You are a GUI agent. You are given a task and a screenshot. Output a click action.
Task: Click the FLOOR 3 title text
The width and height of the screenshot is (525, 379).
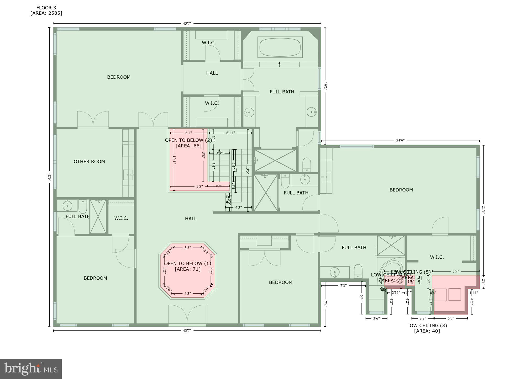click(x=46, y=8)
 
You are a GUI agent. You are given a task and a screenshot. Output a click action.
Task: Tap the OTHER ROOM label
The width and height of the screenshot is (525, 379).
click(x=89, y=162)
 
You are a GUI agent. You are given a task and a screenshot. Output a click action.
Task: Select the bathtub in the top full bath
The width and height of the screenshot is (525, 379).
click(x=280, y=47)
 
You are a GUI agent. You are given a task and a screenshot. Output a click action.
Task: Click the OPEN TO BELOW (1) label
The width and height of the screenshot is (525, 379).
click(x=187, y=263)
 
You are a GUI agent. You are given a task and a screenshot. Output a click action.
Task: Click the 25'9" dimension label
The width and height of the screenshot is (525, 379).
click(x=400, y=141)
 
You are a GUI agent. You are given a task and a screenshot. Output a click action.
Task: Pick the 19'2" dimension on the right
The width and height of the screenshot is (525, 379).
click(x=325, y=86)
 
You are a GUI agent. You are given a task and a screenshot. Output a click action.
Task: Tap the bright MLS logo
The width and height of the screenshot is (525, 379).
click(x=31, y=369)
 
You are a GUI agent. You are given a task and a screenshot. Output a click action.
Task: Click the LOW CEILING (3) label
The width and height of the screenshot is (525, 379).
click(x=427, y=325)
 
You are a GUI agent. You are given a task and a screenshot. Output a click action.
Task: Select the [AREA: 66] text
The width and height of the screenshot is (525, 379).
click(x=188, y=146)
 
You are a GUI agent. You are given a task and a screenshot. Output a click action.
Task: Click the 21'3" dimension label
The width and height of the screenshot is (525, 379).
click(x=484, y=210)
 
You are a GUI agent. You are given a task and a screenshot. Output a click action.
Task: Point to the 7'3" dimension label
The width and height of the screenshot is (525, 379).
click(x=343, y=286)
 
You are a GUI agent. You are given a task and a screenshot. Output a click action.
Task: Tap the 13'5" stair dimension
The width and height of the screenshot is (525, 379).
click(x=248, y=170)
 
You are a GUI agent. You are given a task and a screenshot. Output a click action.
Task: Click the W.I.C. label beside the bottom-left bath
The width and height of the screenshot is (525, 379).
click(x=121, y=218)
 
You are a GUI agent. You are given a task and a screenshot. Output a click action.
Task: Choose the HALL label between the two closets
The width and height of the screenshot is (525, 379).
click(x=212, y=73)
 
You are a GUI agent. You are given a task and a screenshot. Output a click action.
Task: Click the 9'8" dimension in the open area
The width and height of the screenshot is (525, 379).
click(x=199, y=186)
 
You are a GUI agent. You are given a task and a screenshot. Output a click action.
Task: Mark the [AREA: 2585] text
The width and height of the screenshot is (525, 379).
click(x=46, y=13)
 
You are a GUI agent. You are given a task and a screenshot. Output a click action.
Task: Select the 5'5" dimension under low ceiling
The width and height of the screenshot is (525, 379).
click(x=451, y=318)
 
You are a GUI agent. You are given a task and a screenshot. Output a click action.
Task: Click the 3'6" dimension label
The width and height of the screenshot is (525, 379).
click(x=376, y=318)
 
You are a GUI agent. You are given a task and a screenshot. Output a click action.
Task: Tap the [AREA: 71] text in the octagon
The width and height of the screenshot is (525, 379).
click(x=187, y=269)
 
